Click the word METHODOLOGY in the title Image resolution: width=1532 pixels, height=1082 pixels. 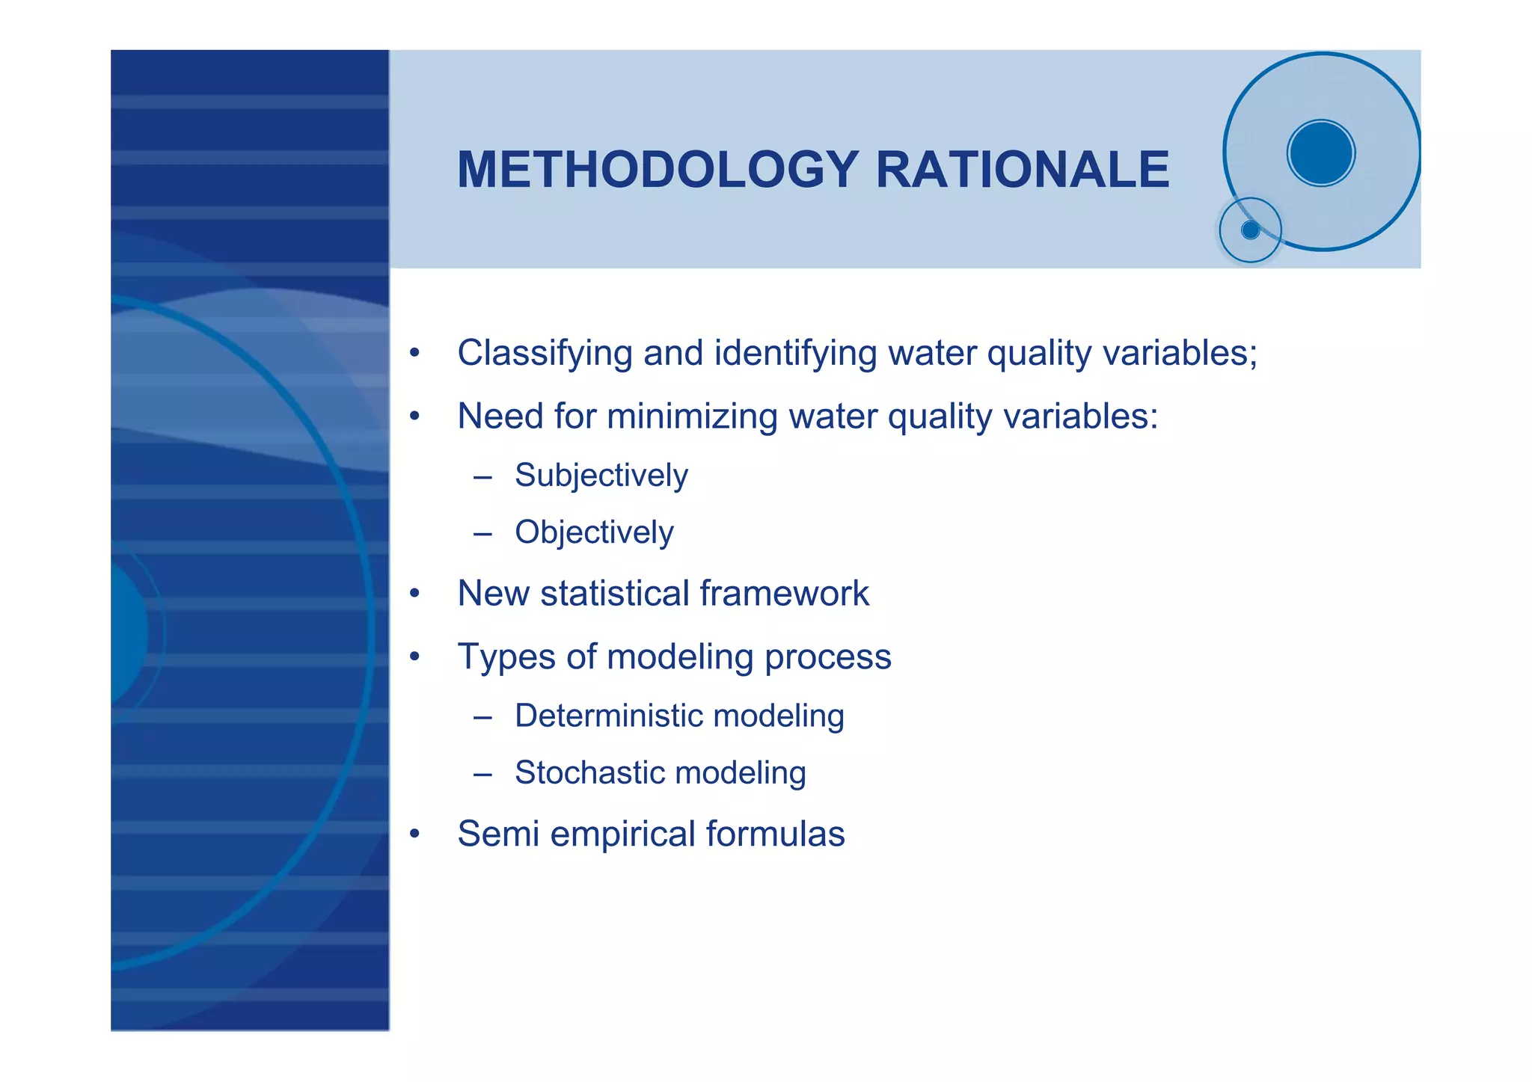point(657,170)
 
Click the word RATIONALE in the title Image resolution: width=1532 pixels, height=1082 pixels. point(1022,170)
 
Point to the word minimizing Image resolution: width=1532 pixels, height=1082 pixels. point(692,416)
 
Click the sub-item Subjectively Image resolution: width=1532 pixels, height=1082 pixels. point(601,476)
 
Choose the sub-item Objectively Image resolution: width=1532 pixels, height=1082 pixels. point(594,532)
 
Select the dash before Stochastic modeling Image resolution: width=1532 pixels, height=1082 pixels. point(482,774)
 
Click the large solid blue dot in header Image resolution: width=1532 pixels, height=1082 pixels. point(1321,153)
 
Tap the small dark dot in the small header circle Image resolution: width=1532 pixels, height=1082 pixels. point(1250,230)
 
